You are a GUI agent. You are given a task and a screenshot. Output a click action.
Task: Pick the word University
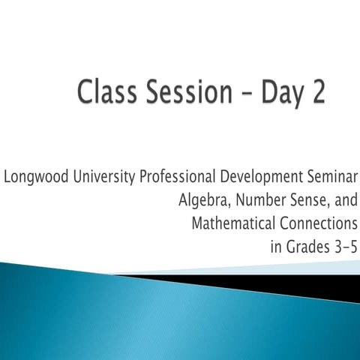click(x=94, y=178)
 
